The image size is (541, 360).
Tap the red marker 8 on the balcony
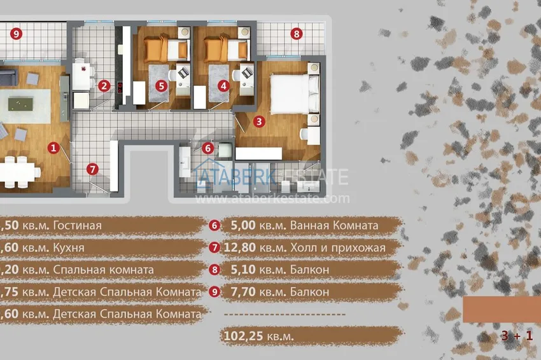[x=295, y=34]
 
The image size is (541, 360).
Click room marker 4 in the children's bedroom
[x=223, y=85]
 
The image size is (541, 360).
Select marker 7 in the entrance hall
[x=93, y=169]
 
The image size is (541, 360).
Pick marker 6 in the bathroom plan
[x=207, y=148]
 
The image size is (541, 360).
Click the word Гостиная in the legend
[x=78, y=226]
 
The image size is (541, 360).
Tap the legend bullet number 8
[x=214, y=270]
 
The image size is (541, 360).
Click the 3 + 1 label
[x=516, y=335]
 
